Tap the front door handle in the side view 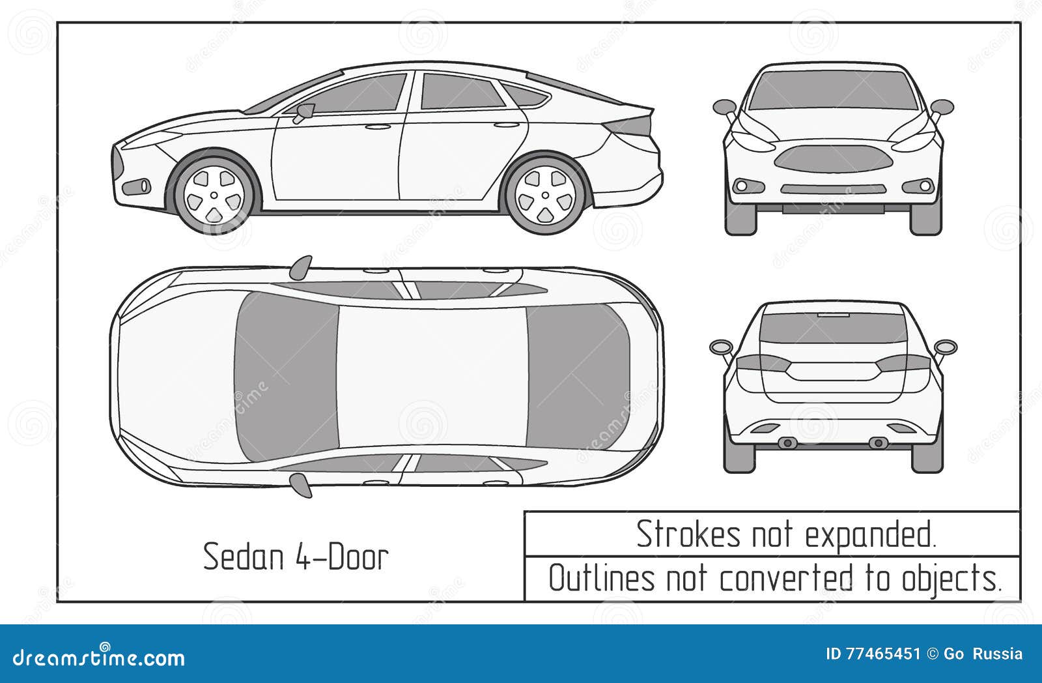pyautogui.click(x=377, y=126)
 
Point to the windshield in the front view pyautogui.click(x=833, y=90)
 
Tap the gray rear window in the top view pyautogui.click(x=576, y=377)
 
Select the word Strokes pyautogui.click(x=688, y=534)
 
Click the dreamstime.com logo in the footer pyautogui.click(x=99, y=658)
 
